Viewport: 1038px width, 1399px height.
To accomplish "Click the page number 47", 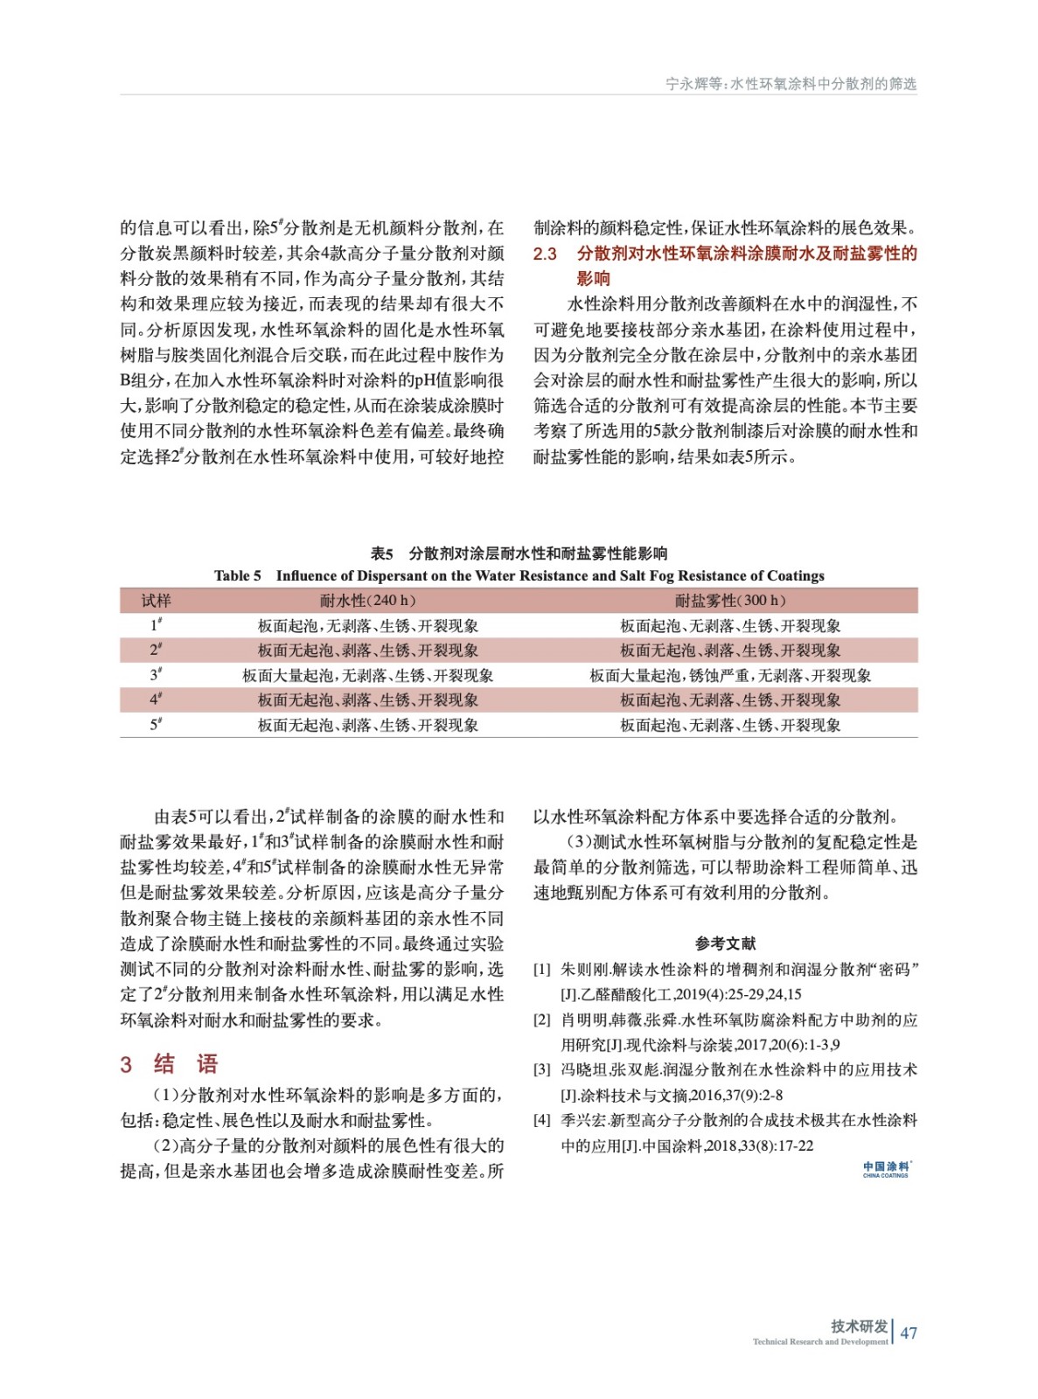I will click(x=908, y=1333).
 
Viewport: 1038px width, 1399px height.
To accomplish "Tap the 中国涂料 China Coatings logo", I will click(x=885, y=1169).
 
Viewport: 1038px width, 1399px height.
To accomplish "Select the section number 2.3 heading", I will click(x=545, y=254).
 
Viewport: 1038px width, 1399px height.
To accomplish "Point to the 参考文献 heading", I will click(x=725, y=943).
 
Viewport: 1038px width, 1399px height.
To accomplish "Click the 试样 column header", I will click(x=156, y=600).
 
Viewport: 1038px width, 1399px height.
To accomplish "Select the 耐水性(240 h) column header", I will click(x=367, y=600).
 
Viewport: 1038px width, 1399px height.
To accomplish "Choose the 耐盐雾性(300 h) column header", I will click(x=730, y=600).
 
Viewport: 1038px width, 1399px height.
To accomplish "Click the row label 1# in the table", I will click(x=156, y=625).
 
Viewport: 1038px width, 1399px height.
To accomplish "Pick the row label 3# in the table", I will click(x=156, y=675).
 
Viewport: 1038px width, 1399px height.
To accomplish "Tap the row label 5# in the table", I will click(x=156, y=725).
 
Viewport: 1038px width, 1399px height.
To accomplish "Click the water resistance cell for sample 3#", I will click(x=367, y=675).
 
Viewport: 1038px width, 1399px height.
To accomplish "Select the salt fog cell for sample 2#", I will click(x=730, y=650).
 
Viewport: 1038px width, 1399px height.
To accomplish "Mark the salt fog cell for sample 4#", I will click(x=730, y=699).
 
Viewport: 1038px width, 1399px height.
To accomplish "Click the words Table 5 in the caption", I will click(x=237, y=575).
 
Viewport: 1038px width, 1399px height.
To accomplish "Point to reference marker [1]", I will click(x=542, y=969).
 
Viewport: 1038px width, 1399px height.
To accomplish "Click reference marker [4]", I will click(x=542, y=1120).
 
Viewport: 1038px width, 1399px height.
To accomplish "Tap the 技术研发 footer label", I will click(x=859, y=1326).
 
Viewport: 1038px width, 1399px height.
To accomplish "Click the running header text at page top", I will click(x=791, y=84).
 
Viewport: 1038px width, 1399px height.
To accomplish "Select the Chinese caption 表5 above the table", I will click(x=381, y=553).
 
